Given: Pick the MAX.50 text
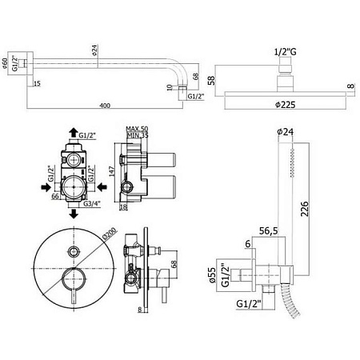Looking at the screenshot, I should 140,130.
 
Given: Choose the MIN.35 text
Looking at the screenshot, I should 140,137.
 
